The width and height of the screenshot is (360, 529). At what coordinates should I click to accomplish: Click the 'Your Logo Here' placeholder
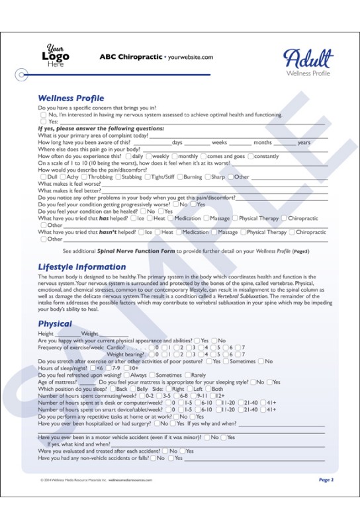pos(56,56)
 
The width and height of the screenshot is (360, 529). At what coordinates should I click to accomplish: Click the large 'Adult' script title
pos(308,60)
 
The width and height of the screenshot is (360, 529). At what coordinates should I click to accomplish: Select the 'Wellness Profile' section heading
pos(71,98)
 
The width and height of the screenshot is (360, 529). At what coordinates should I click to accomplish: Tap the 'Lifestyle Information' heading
pos(81,266)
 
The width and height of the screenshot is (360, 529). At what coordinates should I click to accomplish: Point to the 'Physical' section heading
pos(55,324)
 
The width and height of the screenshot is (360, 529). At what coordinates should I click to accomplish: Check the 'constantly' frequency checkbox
pos(251,156)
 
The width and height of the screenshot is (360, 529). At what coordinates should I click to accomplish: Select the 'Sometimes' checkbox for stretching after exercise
pos(226,361)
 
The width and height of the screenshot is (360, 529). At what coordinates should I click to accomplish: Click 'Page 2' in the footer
pos(326,479)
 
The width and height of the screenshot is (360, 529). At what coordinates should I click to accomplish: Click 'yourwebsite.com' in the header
pos(191,58)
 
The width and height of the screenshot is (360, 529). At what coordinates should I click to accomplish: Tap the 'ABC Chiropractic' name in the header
pos(130,58)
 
